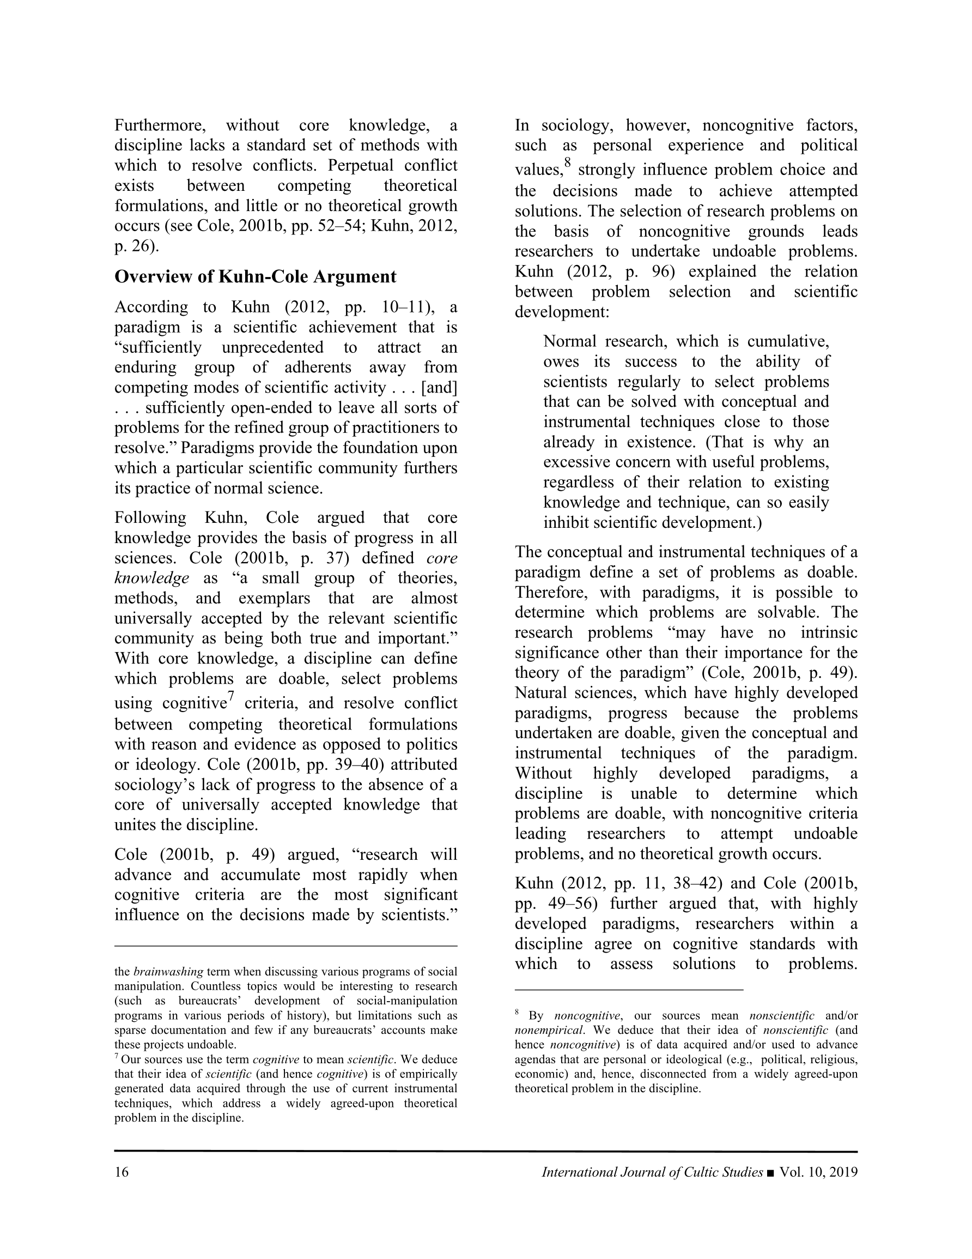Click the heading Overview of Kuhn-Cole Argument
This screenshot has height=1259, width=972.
(255, 276)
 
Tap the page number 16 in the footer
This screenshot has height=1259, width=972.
(121, 1172)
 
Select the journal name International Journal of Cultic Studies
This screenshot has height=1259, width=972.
(652, 1172)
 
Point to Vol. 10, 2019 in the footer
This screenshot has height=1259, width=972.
(818, 1172)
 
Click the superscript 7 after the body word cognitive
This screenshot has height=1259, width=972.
(230, 697)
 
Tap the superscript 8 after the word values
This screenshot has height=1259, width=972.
(568, 164)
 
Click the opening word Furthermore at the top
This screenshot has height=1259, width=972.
(160, 125)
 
